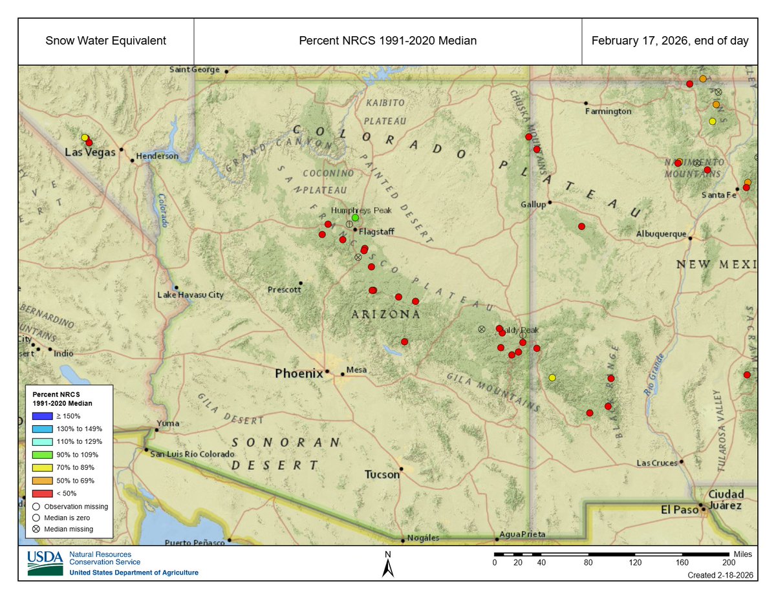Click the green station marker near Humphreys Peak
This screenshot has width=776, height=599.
coord(355,218)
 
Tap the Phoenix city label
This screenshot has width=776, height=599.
coord(299,373)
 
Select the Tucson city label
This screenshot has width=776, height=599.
coord(382,474)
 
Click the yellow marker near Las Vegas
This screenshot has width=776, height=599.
coord(85,138)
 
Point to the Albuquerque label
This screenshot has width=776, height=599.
coord(661,234)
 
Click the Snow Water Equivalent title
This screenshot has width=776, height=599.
coord(106,41)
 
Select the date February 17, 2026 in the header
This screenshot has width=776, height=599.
coord(670,41)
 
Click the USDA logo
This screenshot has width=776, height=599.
coord(45,563)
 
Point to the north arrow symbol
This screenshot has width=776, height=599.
coord(388,568)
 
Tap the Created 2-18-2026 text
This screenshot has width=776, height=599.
coord(720,575)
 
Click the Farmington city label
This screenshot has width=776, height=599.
coord(609,111)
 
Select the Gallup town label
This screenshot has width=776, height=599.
coord(533,205)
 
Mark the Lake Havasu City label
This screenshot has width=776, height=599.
coord(191,295)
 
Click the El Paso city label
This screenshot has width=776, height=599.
coord(676,509)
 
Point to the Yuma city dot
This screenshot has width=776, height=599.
coord(156,430)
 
